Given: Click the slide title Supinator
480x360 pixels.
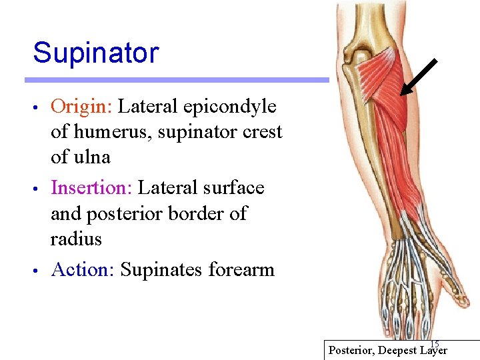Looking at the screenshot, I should click(95, 53).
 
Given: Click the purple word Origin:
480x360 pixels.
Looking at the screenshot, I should click(83, 107).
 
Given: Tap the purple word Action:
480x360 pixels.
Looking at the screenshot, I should click(83, 269).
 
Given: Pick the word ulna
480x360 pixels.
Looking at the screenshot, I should click(93, 157).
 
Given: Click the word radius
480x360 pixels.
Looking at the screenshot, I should click(76, 239).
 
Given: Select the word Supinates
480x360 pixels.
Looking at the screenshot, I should click(161, 269).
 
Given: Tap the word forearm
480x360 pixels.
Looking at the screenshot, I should click(241, 269).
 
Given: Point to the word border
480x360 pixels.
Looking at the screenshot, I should click(187, 213).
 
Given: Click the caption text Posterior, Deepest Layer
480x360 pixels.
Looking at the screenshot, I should click(388, 350).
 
